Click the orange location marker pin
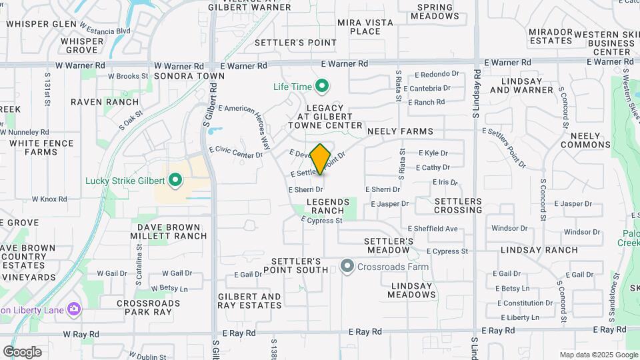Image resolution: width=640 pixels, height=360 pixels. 321,159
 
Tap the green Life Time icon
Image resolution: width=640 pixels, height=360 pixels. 322,86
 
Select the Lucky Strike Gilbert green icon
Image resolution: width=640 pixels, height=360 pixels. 175,180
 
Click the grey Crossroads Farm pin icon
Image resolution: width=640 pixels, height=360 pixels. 347,267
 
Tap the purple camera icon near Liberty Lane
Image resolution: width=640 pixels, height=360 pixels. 74,309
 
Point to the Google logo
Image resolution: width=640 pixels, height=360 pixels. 22,351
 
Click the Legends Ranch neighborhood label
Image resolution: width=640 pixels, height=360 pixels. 328,205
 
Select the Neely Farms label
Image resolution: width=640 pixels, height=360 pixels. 400,131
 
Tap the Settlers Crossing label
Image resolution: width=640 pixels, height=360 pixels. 458,205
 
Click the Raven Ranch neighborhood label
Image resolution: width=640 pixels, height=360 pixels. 105,102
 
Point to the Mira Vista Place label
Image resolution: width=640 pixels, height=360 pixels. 365,27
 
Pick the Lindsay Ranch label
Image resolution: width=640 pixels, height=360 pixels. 543,250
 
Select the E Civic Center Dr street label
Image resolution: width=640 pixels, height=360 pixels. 236,153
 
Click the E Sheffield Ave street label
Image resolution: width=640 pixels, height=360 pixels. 433,229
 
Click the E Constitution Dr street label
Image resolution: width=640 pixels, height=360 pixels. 524,303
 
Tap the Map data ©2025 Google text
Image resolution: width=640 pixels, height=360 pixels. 598,355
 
